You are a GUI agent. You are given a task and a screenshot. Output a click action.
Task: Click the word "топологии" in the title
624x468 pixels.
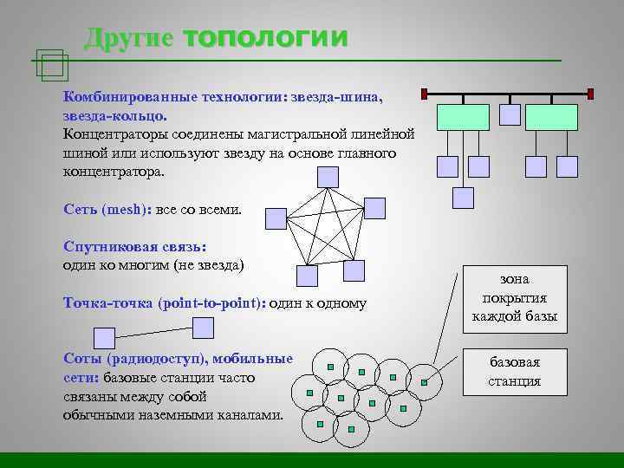[266, 37]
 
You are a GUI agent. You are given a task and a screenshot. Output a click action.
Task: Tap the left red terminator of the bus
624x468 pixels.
[424, 93]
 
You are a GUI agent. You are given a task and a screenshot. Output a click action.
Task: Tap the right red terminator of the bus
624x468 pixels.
[590, 93]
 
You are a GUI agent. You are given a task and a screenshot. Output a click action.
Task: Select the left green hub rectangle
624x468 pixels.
[463, 117]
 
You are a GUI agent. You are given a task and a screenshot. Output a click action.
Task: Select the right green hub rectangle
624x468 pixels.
[551, 117]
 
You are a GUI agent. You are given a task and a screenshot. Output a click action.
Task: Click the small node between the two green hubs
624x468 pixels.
[511, 114]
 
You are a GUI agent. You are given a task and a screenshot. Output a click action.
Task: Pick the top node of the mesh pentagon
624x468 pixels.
[328, 177]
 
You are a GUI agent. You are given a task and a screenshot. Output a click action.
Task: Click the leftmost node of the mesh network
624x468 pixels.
[276, 218]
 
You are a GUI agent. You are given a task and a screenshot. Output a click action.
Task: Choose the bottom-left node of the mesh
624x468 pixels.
[306, 275]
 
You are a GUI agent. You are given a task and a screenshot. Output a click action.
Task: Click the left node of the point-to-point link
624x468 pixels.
[104, 338]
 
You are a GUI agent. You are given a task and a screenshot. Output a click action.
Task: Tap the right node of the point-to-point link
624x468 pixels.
[203, 327]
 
